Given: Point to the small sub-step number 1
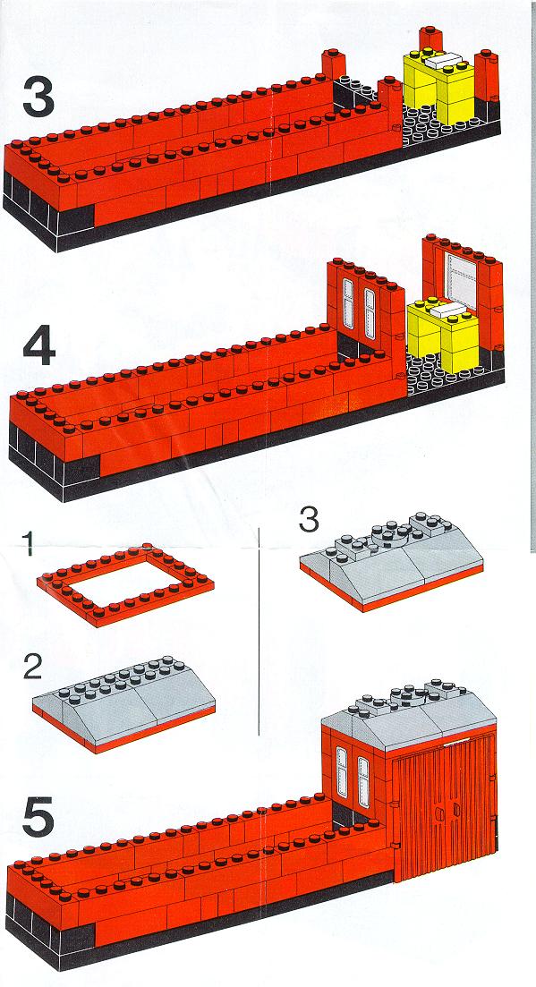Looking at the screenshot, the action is (x=27, y=544).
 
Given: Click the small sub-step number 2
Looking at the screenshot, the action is (x=33, y=668).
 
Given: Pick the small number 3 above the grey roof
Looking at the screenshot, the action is (x=308, y=519).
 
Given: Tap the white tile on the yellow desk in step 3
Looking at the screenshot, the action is (x=445, y=61).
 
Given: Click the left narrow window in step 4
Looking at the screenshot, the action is (x=348, y=298).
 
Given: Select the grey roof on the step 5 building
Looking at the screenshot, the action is (x=409, y=714).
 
